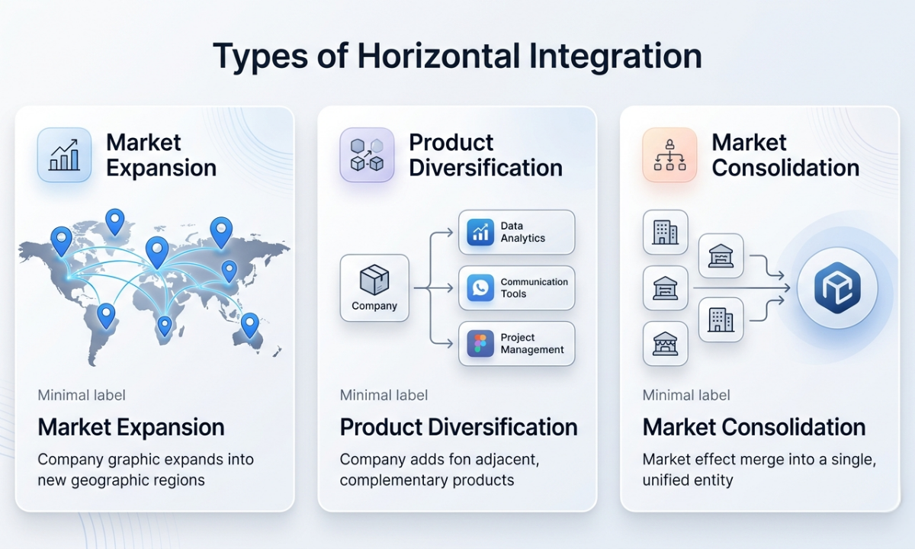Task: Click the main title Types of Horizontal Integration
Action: (x=457, y=56)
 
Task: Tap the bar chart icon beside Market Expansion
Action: (x=64, y=155)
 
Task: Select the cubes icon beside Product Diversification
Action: (x=367, y=155)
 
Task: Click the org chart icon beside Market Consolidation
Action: (x=669, y=155)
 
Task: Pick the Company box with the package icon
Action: (x=374, y=287)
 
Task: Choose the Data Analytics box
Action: (x=516, y=232)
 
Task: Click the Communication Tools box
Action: (x=516, y=287)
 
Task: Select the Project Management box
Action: (x=516, y=344)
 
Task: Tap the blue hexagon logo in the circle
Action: (x=837, y=288)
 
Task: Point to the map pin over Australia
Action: (x=249, y=325)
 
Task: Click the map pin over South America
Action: (x=106, y=314)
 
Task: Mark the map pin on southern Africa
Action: (x=164, y=326)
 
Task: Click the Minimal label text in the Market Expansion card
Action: (x=82, y=395)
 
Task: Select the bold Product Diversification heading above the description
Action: (x=458, y=427)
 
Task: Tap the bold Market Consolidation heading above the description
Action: (x=753, y=427)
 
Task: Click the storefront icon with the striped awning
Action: (x=665, y=344)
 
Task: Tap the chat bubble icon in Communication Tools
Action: (x=480, y=288)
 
